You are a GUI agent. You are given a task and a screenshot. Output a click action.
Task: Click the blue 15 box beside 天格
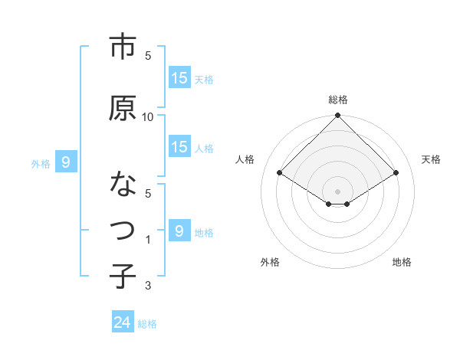click(x=179, y=78)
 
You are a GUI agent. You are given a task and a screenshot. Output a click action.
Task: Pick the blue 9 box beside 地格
click(x=179, y=231)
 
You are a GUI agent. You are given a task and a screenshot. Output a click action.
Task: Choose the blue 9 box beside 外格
click(x=66, y=162)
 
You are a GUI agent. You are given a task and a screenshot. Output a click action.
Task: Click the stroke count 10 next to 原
click(x=148, y=116)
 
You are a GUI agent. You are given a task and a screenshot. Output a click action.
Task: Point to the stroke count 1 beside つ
click(x=148, y=240)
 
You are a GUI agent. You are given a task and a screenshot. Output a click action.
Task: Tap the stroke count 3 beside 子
click(x=148, y=286)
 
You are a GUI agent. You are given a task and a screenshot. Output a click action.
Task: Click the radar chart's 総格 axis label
click(x=338, y=100)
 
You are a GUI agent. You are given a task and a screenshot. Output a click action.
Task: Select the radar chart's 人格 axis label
click(x=246, y=159)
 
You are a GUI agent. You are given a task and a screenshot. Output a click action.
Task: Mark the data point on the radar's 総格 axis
click(x=338, y=116)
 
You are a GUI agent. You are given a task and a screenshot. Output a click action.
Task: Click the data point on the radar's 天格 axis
click(x=396, y=174)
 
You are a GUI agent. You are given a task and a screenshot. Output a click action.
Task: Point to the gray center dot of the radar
click(x=338, y=190)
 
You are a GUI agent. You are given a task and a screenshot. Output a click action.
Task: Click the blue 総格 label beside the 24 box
click(x=147, y=324)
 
